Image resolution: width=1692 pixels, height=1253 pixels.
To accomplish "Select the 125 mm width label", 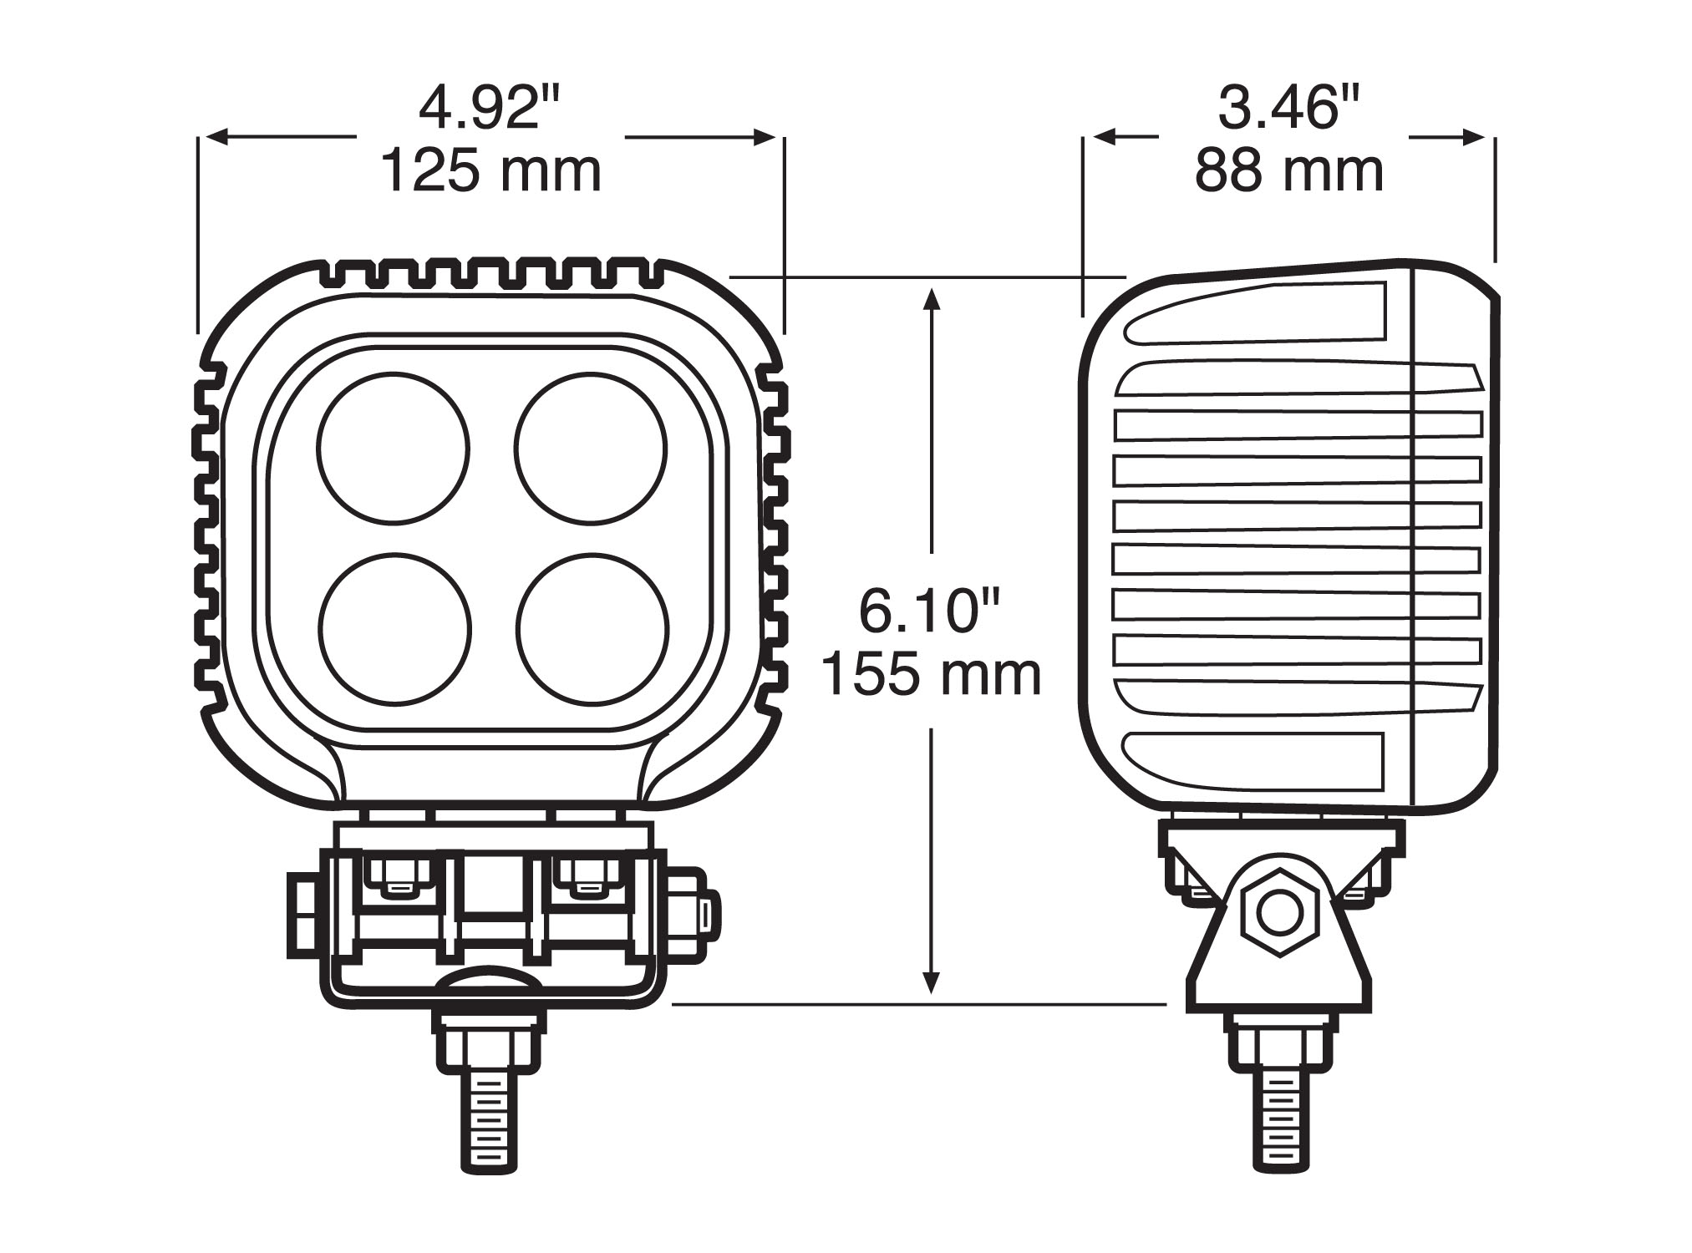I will click(491, 171).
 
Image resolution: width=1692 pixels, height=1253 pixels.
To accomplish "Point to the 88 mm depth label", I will click(1289, 171).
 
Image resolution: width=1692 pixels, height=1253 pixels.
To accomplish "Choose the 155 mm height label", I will click(931, 674).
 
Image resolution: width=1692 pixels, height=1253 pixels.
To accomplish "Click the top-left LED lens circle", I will click(394, 448).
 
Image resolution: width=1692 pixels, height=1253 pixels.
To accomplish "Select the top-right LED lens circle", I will click(591, 448).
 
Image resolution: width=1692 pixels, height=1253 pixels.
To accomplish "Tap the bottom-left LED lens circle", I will click(394, 628).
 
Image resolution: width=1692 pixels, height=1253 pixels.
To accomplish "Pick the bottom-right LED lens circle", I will click(592, 628).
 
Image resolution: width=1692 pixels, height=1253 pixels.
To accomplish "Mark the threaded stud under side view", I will click(1279, 1124).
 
